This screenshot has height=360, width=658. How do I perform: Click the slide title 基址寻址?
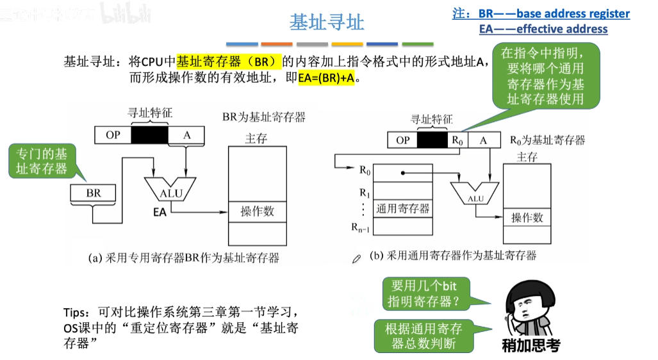[x=327, y=23]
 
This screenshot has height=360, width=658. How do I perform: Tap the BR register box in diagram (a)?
[x=94, y=192]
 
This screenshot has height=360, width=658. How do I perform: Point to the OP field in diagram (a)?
[x=113, y=135]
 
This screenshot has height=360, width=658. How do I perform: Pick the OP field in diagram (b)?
[x=402, y=140]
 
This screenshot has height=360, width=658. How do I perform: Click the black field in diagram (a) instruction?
[x=149, y=135]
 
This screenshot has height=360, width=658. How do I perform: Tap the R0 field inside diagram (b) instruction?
[x=456, y=140]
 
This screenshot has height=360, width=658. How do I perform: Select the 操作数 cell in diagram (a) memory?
[x=257, y=211]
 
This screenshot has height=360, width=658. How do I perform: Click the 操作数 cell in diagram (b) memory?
[x=527, y=218]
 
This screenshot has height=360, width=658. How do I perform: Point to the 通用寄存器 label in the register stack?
[x=403, y=208]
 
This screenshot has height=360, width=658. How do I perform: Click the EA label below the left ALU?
[x=160, y=211]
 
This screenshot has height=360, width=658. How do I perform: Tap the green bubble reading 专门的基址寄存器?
[x=42, y=161]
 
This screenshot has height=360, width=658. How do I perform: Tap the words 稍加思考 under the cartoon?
[x=530, y=346]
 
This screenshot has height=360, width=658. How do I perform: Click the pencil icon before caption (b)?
[x=357, y=258]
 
